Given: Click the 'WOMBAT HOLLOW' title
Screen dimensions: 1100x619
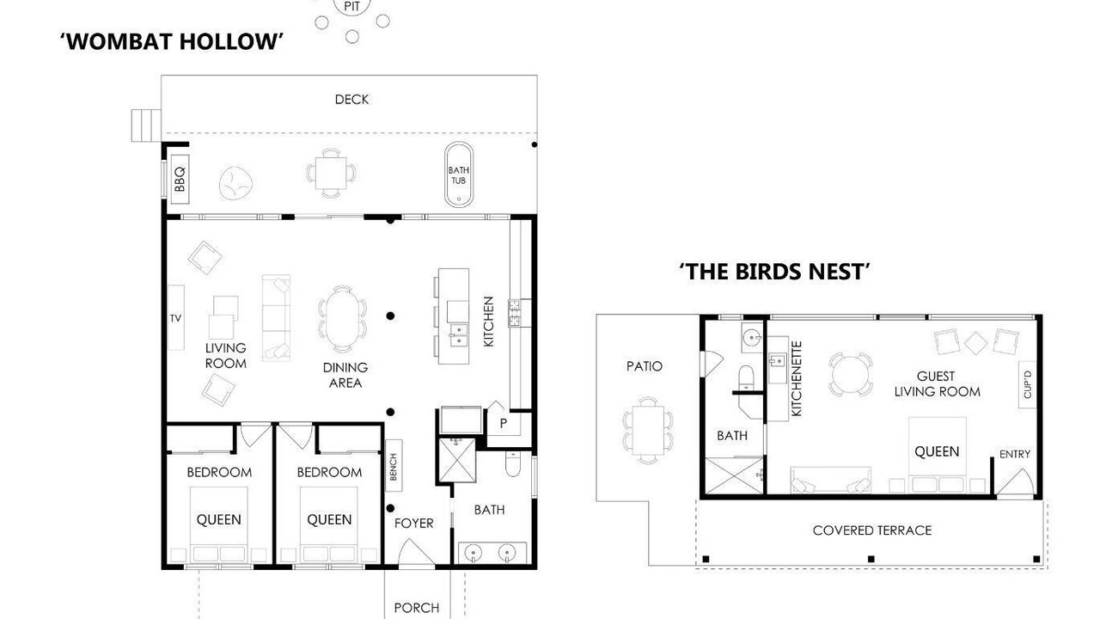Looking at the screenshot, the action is point(172,41).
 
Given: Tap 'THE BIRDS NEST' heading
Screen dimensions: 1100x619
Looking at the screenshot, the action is point(775,272).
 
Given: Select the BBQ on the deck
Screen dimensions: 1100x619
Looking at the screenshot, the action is point(180,180).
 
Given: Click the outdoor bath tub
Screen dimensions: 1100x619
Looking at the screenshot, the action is point(459,175).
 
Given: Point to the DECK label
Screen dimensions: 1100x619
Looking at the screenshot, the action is point(351,100).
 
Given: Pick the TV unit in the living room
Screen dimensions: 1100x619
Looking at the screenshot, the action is point(176,317).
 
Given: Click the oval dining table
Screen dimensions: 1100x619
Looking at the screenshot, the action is point(342,319).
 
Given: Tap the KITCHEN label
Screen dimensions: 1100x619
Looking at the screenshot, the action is point(489,322).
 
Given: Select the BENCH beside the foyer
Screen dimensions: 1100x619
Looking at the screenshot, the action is point(394,466).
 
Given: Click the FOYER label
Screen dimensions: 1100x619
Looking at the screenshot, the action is point(414,524).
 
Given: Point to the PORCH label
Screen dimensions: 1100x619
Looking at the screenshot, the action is point(417,608).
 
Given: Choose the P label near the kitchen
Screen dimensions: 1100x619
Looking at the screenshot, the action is point(504,423).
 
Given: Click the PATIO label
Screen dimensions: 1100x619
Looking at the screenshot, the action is point(645,366).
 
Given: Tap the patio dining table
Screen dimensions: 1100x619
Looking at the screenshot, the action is point(648,431).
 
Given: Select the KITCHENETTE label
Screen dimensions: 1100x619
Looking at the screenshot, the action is point(797,379).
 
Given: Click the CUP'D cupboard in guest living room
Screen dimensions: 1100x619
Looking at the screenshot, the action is point(1028,385).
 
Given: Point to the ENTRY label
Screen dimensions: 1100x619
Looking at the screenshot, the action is point(1015,455).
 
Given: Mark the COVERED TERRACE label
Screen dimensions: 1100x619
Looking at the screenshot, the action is point(872,530).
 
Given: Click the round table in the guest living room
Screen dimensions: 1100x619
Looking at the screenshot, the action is point(851,374).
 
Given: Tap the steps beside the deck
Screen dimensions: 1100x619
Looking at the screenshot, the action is point(146,126).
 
